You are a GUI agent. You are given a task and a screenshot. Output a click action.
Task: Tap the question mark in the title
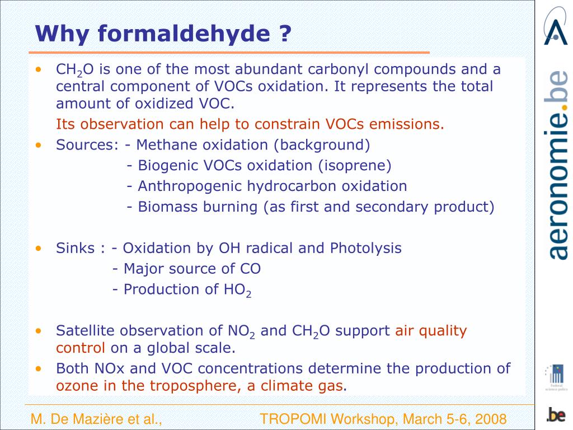pyautogui.click(x=285, y=34)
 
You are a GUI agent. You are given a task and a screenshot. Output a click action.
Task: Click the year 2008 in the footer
pyautogui.click(x=490, y=419)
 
